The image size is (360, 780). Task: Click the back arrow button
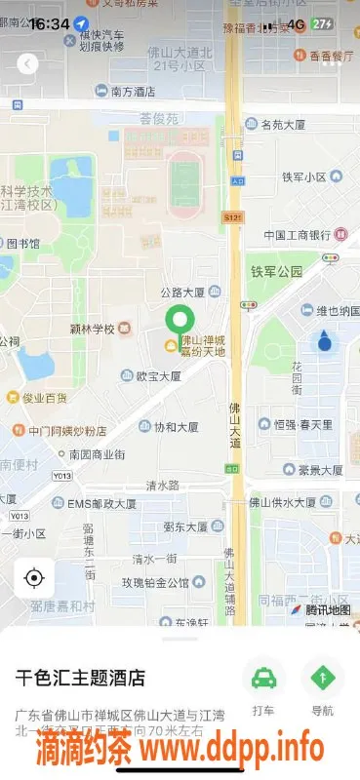pyautogui.click(x=28, y=63)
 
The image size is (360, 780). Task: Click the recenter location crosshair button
pyautogui.click(x=34, y=578)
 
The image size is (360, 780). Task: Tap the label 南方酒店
pyautogui.click(x=133, y=92)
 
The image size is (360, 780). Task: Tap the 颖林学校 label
pyautogui.click(x=94, y=328)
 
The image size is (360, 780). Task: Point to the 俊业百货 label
pyautogui.click(x=43, y=398)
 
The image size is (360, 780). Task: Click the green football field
pyautogui.click(x=182, y=180)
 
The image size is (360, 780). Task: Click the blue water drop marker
pyautogui.click(x=324, y=341)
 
